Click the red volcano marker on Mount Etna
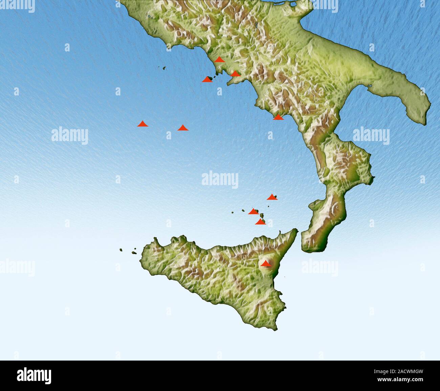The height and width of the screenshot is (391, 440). (266, 263)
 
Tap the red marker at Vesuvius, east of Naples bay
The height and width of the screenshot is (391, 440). (235, 73)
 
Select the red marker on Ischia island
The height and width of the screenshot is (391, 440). (207, 79)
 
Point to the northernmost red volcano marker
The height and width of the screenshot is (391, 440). (220, 60)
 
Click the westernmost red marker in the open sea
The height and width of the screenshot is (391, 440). (142, 124)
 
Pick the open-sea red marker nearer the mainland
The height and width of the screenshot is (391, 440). (183, 128)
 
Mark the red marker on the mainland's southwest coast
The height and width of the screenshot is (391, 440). (278, 117)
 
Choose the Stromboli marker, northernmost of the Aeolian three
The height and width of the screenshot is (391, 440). (272, 197)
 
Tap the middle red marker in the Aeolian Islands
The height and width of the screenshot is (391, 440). (253, 211)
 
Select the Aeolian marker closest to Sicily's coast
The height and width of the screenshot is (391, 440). (260, 222)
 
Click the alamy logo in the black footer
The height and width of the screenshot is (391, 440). (34, 375)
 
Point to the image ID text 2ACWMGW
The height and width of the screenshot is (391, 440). (405, 371)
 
